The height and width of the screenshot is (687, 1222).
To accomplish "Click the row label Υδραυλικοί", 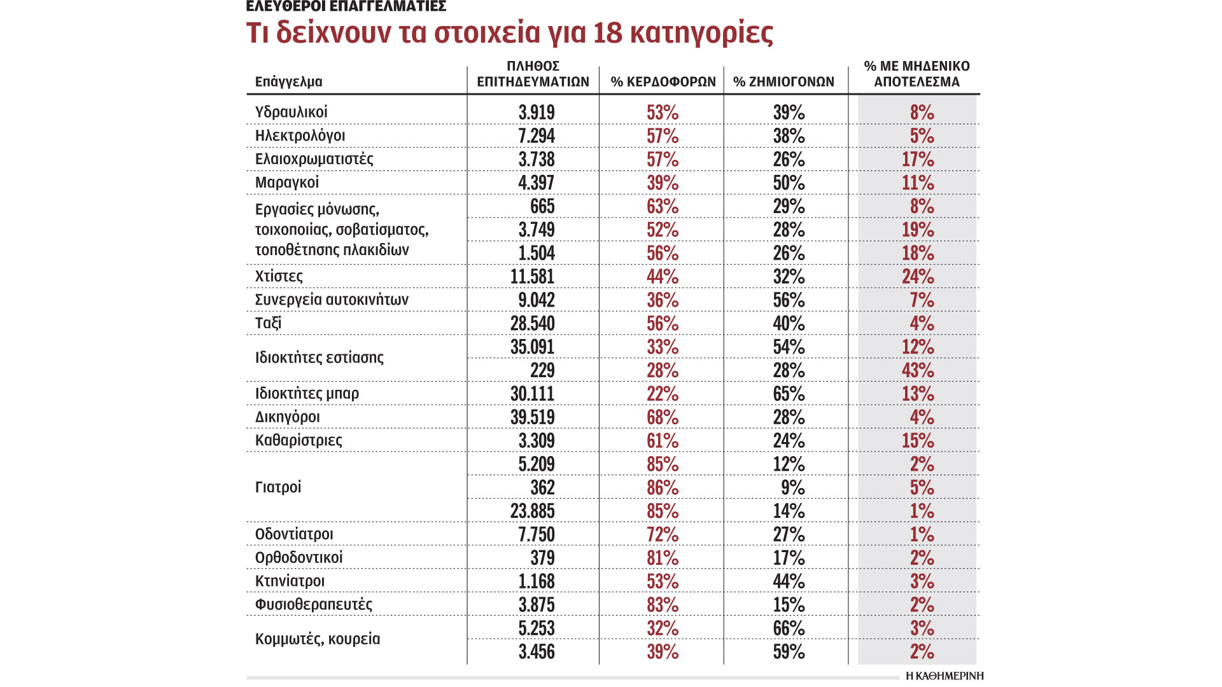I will [x=291, y=112].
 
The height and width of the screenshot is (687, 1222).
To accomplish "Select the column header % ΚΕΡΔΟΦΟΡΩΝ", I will [x=663, y=81].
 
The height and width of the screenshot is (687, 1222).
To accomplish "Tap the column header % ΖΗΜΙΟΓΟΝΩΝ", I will [x=783, y=81].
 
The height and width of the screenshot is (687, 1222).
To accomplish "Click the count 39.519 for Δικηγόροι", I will [x=532, y=417].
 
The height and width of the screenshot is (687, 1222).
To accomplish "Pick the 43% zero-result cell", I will [x=917, y=370].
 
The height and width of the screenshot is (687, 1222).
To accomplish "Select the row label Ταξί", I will [x=268, y=323].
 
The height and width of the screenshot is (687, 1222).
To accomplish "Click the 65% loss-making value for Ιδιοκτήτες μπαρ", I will [x=789, y=394].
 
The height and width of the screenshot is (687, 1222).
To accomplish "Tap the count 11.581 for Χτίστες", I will [x=532, y=277].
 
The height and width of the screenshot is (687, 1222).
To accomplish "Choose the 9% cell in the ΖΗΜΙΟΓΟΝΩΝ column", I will [x=792, y=488].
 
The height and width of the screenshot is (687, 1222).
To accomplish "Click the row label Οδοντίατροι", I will [x=293, y=534].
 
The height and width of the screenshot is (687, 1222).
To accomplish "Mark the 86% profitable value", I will [x=663, y=488].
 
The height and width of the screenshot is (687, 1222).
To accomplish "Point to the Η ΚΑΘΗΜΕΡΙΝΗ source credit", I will [x=945, y=676].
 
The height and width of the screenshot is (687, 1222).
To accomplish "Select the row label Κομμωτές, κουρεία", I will [x=317, y=639].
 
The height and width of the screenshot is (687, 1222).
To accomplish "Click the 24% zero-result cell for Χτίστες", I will [x=917, y=277].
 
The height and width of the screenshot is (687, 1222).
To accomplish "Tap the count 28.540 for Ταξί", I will [x=532, y=323].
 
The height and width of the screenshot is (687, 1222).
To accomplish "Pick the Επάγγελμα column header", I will [x=288, y=81].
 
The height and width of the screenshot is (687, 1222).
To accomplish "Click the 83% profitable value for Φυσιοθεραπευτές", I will [x=663, y=605].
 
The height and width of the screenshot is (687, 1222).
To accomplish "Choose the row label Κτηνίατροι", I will [x=290, y=581].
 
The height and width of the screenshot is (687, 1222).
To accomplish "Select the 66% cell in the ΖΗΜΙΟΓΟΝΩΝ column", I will [x=789, y=628].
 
